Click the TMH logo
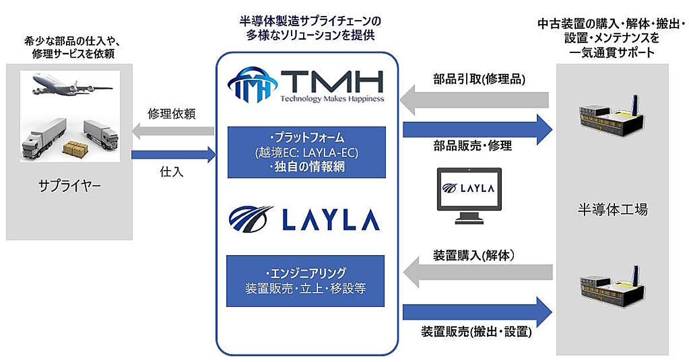coord(306,82)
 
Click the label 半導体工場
coord(613,210)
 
